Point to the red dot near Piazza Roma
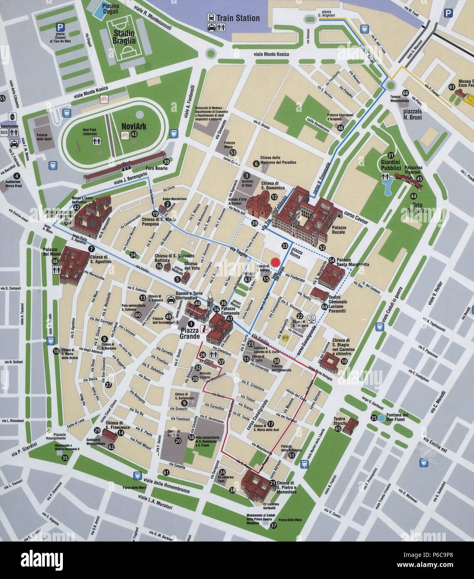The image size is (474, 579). pyautogui.click(x=275, y=262)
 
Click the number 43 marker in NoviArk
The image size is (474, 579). pyautogui.click(x=134, y=134)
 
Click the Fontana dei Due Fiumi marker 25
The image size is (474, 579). pyautogui.click(x=374, y=418)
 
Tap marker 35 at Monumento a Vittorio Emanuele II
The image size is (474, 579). pyautogui.click(x=65, y=458)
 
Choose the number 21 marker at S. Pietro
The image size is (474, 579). pyautogui.click(x=272, y=483)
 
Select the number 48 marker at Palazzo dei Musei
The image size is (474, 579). pyautogui.click(x=55, y=261)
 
